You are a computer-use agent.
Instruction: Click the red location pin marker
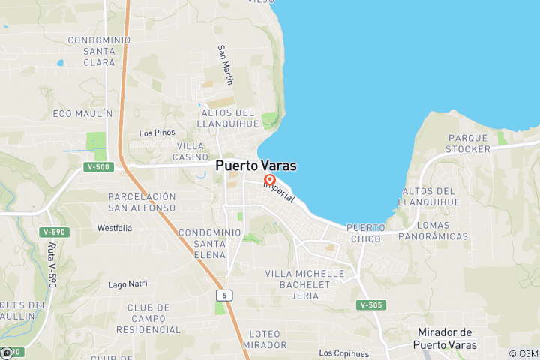tap(270, 181)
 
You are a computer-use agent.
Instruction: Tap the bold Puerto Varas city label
tap(256, 166)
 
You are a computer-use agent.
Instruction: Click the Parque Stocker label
tap(468, 143)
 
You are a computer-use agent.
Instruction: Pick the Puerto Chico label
tap(366, 232)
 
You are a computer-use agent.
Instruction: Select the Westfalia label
tap(115, 227)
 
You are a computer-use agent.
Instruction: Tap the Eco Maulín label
tap(82, 113)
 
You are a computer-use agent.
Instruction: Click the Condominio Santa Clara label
tap(91, 51)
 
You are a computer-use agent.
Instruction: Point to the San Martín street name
tap(225, 63)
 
